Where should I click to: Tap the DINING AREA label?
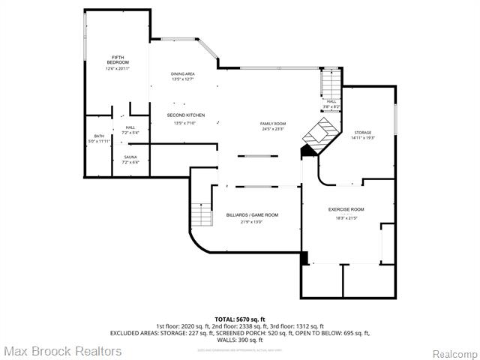tap(183, 73)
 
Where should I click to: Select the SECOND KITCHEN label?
tap(185, 115)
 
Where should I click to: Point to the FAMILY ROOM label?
tap(273, 123)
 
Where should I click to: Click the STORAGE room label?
tap(363, 132)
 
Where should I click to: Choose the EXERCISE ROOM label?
tap(346, 209)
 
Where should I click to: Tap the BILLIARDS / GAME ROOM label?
tap(252, 215)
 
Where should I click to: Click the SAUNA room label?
tap(130, 157)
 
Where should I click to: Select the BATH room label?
tap(99, 136)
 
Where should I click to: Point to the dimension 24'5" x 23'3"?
tap(273, 129)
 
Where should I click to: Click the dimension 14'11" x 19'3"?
tap(363, 138)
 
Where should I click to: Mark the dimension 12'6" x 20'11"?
tap(118, 68)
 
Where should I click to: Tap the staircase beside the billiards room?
tap(201, 217)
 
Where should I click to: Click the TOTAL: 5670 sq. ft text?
tap(239, 319)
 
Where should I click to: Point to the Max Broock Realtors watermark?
tap(61, 350)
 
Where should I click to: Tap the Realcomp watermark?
tap(454, 352)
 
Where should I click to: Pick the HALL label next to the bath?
tap(130, 127)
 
